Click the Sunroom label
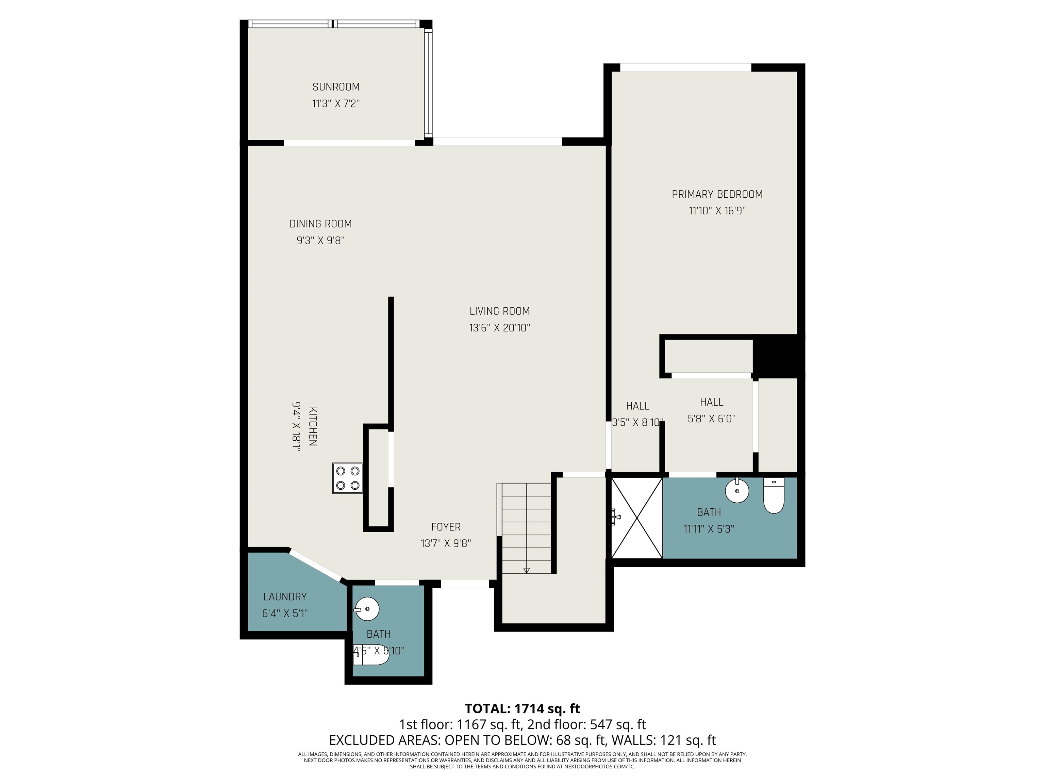click(336, 87)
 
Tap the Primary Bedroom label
click(717, 194)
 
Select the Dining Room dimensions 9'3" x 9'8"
click(321, 241)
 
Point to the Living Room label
click(499, 311)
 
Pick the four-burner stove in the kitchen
click(348, 478)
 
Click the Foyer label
click(446, 527)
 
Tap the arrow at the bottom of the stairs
click(526, 570)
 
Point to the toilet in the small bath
click(371, 654)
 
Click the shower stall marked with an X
click(637, 518)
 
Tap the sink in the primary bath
click(737, 491)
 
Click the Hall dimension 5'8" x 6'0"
click(712, 419)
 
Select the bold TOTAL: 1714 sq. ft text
click(522, 709)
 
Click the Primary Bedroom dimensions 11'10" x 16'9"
click(717, 211)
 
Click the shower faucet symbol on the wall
click(615, 517)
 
